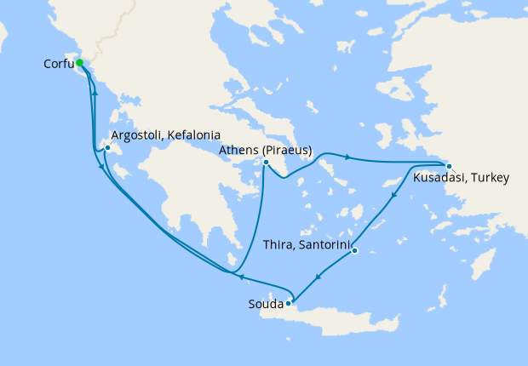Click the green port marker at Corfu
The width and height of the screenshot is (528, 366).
pos(79,62)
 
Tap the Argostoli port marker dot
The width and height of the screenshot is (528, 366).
pos(107,148)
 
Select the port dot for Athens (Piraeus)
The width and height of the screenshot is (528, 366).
pos(266,163)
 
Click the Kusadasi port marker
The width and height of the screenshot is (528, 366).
pos(449,166)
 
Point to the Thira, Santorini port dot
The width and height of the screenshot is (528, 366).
pos(354,250)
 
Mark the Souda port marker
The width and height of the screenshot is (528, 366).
pos(289,302)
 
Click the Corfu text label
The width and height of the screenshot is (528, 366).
pos(59,64)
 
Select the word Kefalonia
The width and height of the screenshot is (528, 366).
pos(195,135)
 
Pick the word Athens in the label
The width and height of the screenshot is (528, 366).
pos(237,150)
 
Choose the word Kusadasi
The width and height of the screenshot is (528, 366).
pos(439,179)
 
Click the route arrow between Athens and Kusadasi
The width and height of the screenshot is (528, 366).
pos(347,156)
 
